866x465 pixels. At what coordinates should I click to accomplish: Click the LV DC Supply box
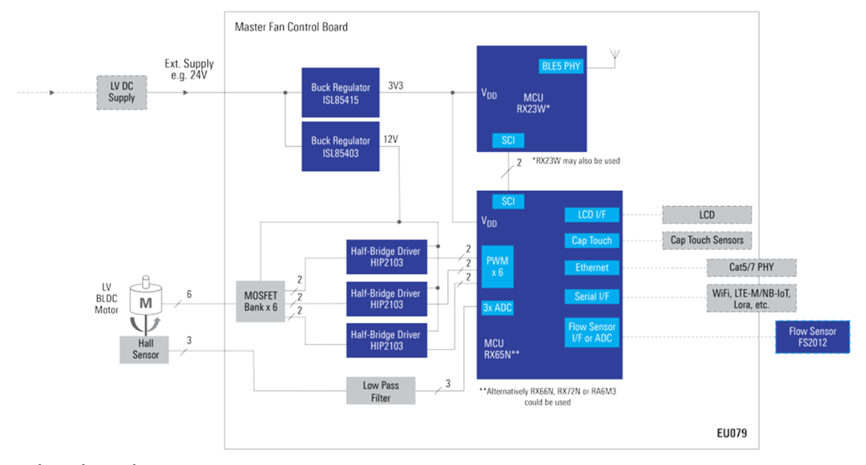click(x=122, y=92)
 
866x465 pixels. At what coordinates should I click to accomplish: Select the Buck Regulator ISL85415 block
click(x=341, y=93)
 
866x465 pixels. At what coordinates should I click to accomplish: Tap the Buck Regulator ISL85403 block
click(x=341, y=146)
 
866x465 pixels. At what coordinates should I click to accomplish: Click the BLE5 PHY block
click(x=561, y=66)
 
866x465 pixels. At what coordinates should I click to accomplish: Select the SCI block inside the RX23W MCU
click(x=507, y=140)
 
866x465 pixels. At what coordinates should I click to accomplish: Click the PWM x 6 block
click(x=498, y=265)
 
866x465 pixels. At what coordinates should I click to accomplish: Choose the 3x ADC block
click(x=498, y=308)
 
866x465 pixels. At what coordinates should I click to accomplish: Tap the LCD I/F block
click(x=592, y=214)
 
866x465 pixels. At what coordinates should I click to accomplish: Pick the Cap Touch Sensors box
click(x=707, y=240)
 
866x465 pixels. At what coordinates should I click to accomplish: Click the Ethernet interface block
click(x=592, y=267)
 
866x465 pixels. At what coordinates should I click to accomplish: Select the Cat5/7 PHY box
click(x=751, y=267)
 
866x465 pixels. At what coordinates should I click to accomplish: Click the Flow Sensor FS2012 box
click(x=812, y=337)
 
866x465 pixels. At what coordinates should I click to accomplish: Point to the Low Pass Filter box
click(x=380, y=391)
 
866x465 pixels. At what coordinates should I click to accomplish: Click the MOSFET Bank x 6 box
click(x=261, y=302)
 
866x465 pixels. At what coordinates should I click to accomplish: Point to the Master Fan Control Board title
click(x=291, y=27)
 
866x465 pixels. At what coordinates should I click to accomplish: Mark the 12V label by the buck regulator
click(x=390, y=138)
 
